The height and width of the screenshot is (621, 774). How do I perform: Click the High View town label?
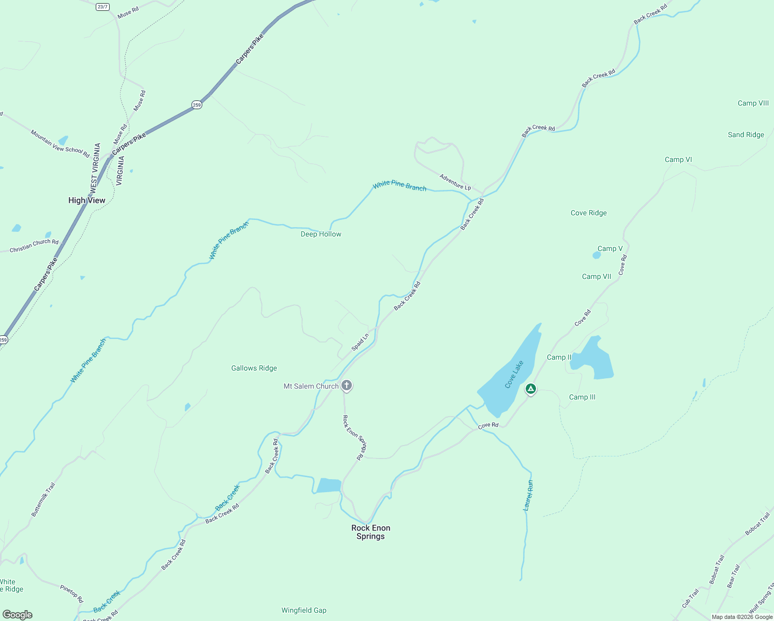(x=86, y=200)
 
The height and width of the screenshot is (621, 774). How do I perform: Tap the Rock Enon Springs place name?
(x=370, y=532)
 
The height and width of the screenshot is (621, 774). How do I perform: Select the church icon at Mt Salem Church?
(x=347, y=386)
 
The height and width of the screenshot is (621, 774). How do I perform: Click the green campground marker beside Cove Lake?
(x=530, y=389)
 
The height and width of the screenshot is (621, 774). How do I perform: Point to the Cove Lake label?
(x=514, y=374)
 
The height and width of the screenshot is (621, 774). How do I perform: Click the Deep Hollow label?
(x=321, y=234)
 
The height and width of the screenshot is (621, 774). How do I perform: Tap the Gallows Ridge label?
(x=254, y=368)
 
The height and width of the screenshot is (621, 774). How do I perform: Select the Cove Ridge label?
(x=588, y=213)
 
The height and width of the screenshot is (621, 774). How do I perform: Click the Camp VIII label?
(x=753, y=103)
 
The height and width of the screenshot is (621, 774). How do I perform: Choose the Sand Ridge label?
(x=746, y=135)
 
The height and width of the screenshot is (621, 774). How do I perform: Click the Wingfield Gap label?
(x=304, y=610)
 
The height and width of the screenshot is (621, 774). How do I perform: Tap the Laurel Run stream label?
(x=528, y=496)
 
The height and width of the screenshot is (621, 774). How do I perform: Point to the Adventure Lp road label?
(x=455, y=182)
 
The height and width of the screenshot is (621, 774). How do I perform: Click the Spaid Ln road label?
(x=360, y=342)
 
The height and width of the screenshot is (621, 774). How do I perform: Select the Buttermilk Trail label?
(x=43, y=499)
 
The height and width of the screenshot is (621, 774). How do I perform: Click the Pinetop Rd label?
(x=71, y=594)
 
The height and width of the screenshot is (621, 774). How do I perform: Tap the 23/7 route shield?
(x=102, y=7)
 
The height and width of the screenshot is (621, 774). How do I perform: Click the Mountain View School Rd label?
(x=59, y=144)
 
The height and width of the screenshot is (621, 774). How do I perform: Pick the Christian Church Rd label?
(x=34, y=245)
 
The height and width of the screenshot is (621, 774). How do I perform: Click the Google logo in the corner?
(x=17, y=614)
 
